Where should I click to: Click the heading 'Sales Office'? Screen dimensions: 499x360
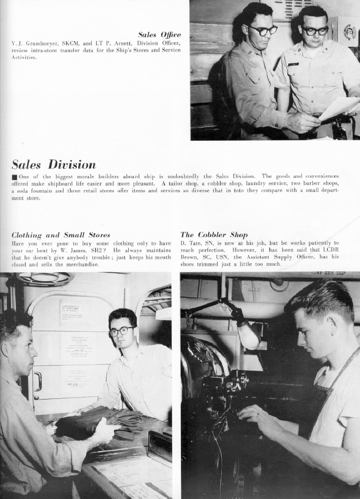pyautogui.click(x=159, y=35)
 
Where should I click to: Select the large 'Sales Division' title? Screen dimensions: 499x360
pyautogui.click(x=54, y=164)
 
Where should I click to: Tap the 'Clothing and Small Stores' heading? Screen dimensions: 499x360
pyautogui.click(x=61, y=235)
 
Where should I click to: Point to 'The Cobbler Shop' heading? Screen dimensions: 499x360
pyautogui.click(x=214, y=235)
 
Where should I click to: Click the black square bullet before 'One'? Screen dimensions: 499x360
pyautogui.click(x=14, y=176)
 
